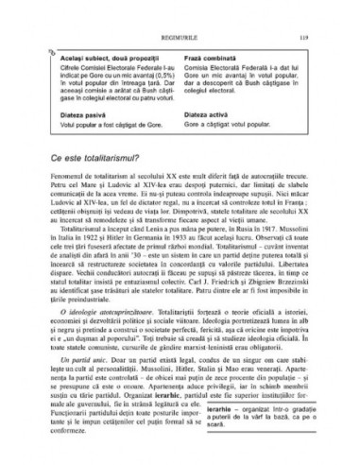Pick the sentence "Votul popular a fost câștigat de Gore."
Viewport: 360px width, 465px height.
pyautogui.click(x=115, y=122)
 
